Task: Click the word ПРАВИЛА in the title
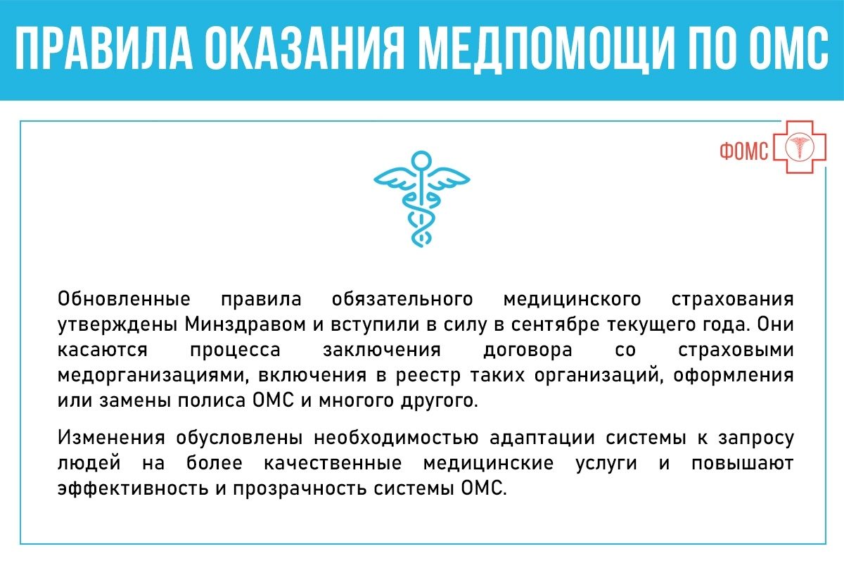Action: pos(104,49)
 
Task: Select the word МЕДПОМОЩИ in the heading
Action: pos(546,50)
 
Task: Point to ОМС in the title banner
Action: pos(788,49)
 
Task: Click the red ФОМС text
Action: pos(744,151)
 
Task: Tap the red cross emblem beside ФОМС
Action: pos(800,147)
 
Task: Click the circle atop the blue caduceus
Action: pos(421,160)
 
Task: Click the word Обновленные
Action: pos(124,299)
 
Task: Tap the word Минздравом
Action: pos(245,324)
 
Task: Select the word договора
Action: pos(528,350)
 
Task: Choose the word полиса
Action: pos(212,401)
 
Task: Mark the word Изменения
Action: pos(111,438)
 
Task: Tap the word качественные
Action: pos(333,464)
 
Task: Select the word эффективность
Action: pos(133,488)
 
